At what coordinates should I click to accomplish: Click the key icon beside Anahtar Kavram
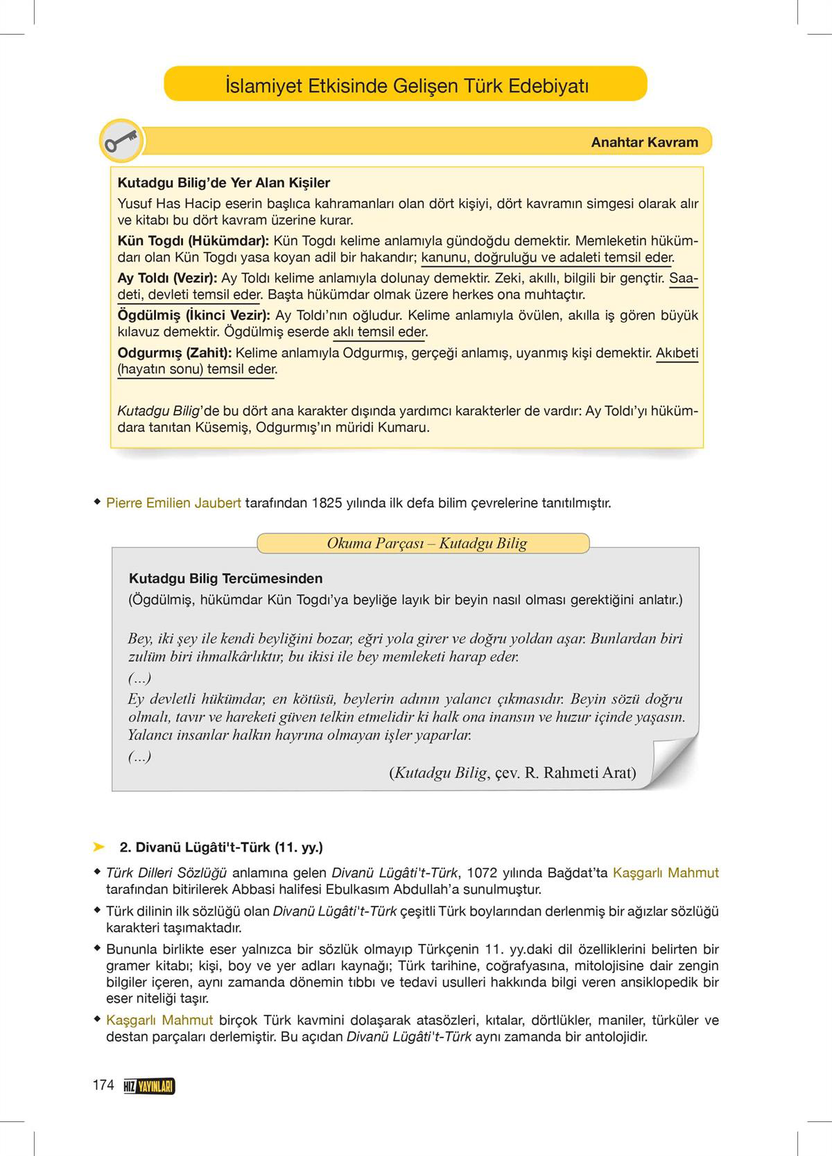pos(121,141)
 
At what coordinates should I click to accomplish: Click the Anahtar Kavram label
pos(644,142)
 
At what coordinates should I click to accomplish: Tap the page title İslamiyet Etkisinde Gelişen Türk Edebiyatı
pos(406,86)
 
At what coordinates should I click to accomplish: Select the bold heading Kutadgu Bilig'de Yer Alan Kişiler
pos(223,183)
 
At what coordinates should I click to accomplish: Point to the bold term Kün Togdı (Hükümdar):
pos(193,241)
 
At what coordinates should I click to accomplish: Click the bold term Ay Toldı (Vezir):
pos(167,279)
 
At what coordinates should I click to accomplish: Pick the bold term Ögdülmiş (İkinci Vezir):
pos(193,316)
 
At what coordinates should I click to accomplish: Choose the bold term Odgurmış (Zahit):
pos(174,353)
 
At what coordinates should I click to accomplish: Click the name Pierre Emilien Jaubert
pos(173,503)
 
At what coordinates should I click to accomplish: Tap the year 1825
pos(327,503)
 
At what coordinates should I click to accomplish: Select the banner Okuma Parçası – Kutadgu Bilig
pos(426,543)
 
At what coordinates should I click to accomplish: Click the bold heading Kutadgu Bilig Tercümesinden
pos(225,578)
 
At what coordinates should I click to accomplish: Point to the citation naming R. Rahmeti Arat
pos(512,773)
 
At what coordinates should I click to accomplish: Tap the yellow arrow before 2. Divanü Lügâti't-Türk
pos(98,847)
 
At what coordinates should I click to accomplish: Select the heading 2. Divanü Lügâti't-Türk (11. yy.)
pos(221,847)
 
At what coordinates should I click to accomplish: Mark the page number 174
pos(103,1085)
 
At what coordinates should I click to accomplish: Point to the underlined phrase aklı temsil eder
pos(379,332)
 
